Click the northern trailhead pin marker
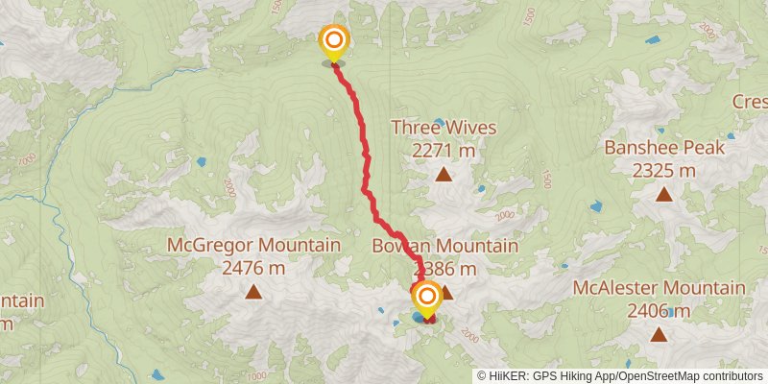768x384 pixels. click(x=333, y=41)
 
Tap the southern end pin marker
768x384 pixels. click(x=426, y=298)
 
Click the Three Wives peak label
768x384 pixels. click(x=444, y=128)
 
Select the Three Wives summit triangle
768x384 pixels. click(x=444, y=175)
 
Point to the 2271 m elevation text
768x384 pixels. click(x=444, y=151)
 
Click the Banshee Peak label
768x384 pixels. click(x=663, y=148)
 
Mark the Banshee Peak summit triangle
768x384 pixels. click(x=663, y=195)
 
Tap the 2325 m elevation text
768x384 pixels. click(x=663, y=171)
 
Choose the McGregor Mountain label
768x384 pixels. click(x=253, y=245)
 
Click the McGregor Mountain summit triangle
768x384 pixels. click(x=253, y=292)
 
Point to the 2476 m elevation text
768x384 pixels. click(x=253, y=269)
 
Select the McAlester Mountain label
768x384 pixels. click(x=659, y=287)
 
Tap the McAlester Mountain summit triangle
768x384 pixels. click(x=659, y=334)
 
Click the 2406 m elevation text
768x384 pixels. click(x=659, y=311)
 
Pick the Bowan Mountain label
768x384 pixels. click(x=444, y=247)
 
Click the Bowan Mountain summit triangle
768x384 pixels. click(x=445, y=292)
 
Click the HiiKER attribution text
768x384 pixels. click(x=557, y=375)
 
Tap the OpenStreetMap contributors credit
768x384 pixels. click(x=693, y=375)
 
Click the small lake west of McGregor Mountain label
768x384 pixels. click(x=201, y=162)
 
